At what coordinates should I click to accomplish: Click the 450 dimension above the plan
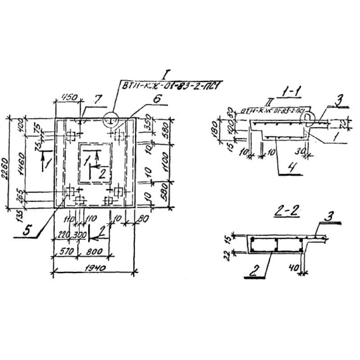(69, 97)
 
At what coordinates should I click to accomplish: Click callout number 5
(27, 230)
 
